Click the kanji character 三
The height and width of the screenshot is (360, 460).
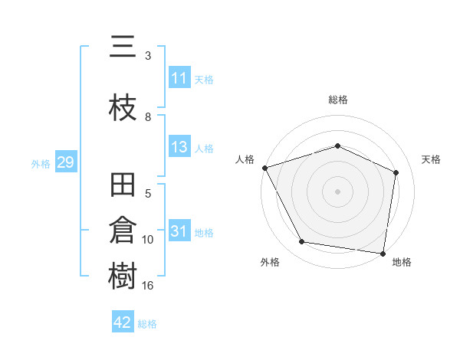(x=123, y=50)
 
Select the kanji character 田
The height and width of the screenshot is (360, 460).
(x=123, y=186)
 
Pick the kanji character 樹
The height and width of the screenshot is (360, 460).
(x=123, y=277)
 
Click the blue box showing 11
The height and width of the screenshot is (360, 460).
(x=179, y=78)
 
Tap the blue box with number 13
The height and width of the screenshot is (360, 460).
(x=179, y=148)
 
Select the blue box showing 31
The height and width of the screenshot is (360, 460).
(x=179, y=232)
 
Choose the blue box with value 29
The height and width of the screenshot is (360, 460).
(x=65, y=162)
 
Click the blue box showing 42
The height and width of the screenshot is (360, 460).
(x=123, y=323)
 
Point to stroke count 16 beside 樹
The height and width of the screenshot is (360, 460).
(x=148, y=286)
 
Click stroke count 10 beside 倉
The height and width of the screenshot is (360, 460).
(x=148, y=240)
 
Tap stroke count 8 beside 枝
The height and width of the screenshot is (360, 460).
(x=148, y=117)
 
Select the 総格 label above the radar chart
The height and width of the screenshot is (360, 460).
(x=337, y=100)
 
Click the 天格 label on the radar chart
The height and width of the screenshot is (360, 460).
(x=431, y=159)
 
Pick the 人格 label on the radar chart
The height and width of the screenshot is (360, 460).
(x=245, y=159)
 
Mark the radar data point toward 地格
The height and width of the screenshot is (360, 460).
(x=383, y=253)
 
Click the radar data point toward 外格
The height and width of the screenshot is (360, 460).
(x=302, y=242)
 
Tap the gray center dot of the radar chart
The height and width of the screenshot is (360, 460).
(x=337, y=191)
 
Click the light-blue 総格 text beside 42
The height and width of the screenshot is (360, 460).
(x=147, y=324)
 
